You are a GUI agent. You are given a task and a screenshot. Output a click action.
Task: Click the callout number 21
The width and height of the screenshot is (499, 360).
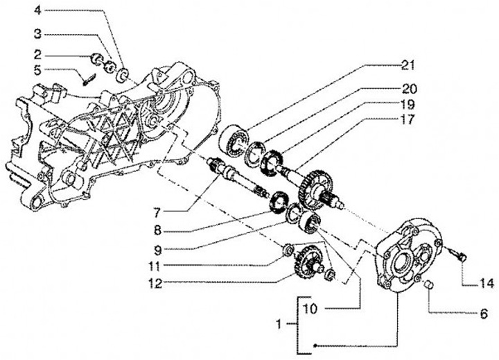point(407,66)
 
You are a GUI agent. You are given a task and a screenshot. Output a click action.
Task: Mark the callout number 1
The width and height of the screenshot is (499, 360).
point(279,325)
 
